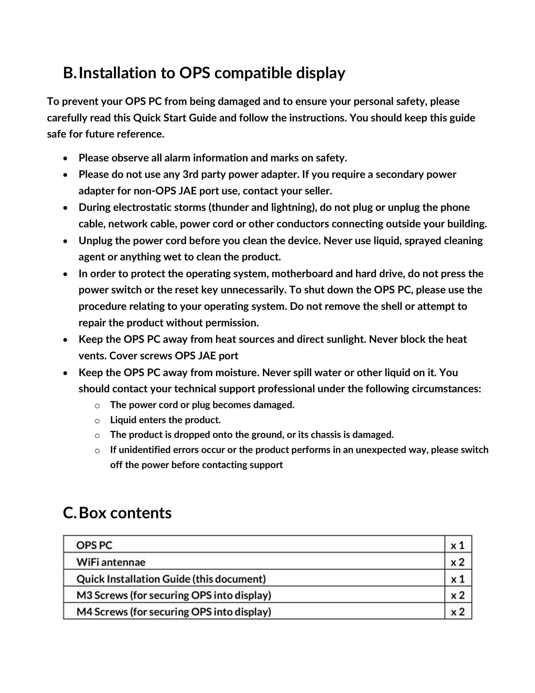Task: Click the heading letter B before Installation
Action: click(x=69, y=73)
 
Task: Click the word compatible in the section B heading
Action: click(x=253, y=73)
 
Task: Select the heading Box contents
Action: click(x=125, y=513)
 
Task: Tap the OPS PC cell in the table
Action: click(x=94, y=545)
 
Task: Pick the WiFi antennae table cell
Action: click(x=111, y=562)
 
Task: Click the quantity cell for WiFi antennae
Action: click(x=457, y=562)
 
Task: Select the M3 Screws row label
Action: click(x=174, y=595)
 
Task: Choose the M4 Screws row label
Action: click(x=174, y=612)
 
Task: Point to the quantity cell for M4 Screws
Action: click(x=457, y=612)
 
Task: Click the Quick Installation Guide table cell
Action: click(x=171, y=579)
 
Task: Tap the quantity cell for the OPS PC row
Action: click(x=457, y=545)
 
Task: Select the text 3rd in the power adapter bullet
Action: click(x=190, y=174)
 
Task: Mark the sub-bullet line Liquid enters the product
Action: click(x=165, y=420)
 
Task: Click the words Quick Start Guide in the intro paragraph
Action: click(x=175, y=118)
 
